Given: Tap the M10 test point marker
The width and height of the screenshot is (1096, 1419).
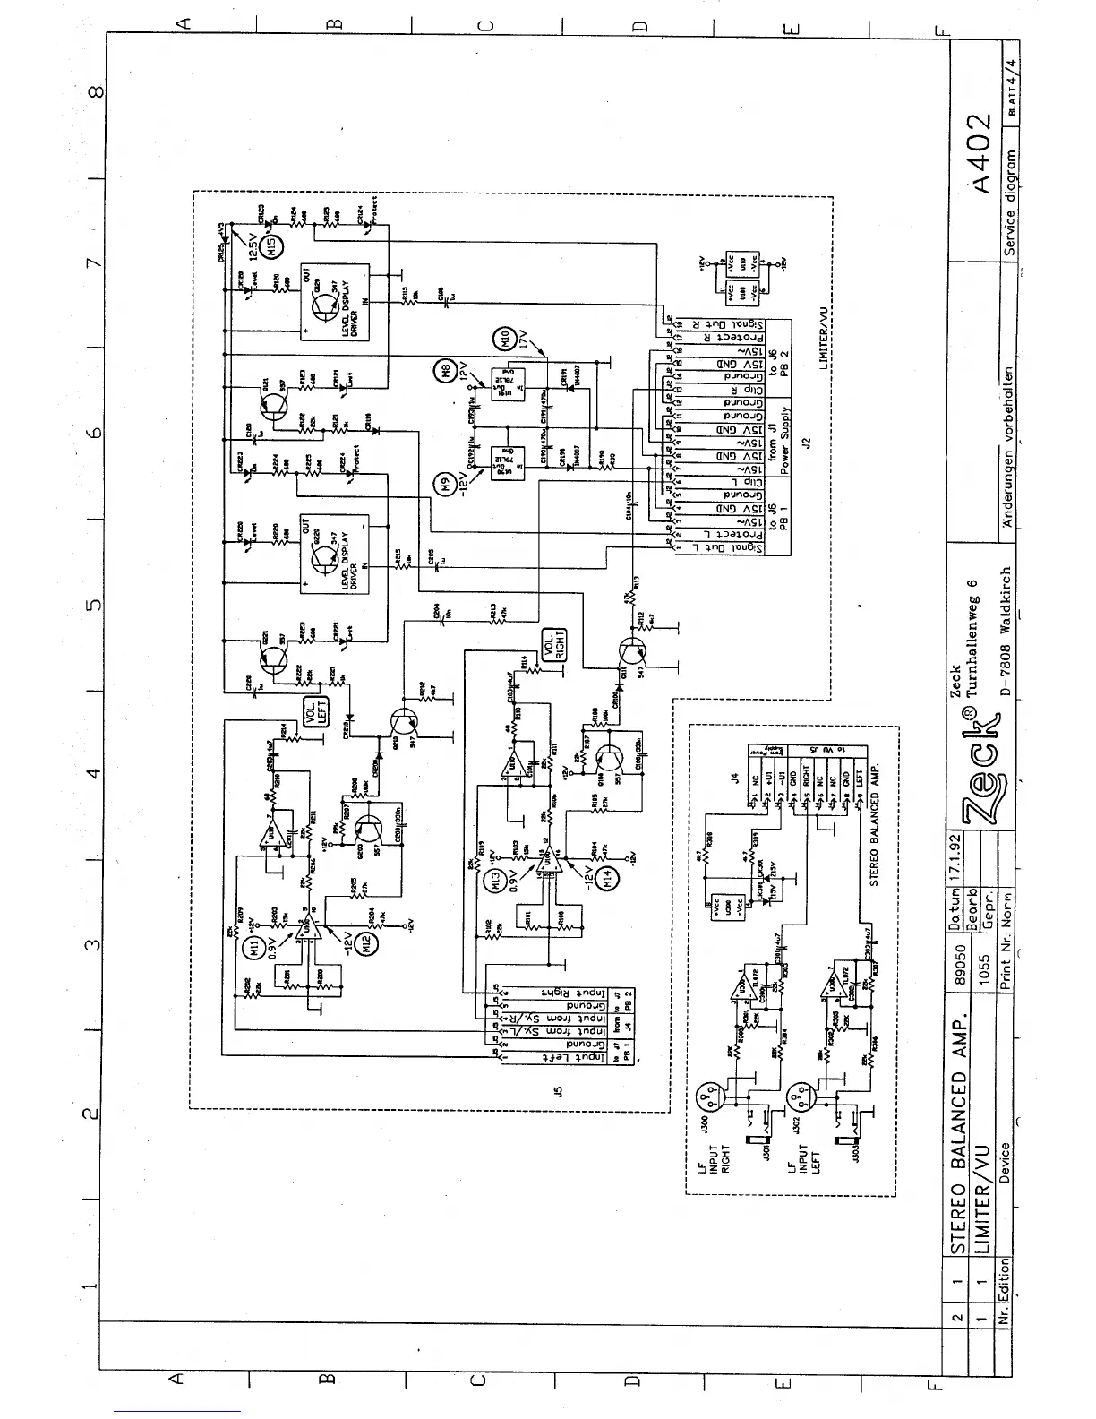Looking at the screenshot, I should click(501, 340).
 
